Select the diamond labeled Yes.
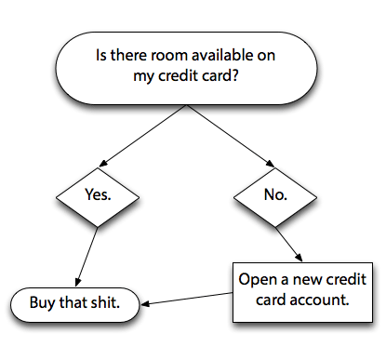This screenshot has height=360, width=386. pos(98,198)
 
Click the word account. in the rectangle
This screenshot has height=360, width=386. pos(322,301)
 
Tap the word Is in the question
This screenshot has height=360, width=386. pos(102,58)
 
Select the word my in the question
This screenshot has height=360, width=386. pos(141,79)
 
